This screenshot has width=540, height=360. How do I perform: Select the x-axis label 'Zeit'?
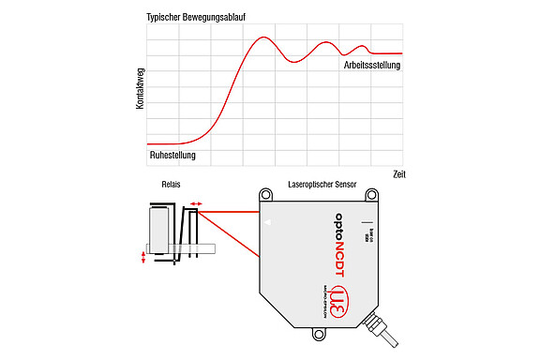coord(397,175)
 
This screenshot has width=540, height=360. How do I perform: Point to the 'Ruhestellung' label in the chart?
coord(174,155)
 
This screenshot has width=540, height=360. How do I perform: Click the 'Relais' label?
coord(171,185)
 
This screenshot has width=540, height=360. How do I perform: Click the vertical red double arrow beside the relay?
coord(142,258)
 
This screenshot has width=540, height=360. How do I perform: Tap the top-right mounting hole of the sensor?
coord(371,195)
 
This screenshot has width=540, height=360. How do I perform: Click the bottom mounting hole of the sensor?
coord(316,332)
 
